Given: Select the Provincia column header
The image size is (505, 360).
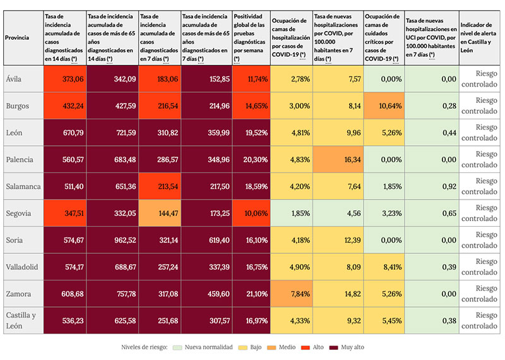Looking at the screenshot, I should click(x=17, y=38).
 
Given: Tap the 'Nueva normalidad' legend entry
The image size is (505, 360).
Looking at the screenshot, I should click(x=210, y=347).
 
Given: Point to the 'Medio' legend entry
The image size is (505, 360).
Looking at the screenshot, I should click(x=283, y=347).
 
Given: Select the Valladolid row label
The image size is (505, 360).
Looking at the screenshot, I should click(x=21, y=267).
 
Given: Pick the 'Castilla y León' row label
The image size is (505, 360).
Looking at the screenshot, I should click(x=21, y=320).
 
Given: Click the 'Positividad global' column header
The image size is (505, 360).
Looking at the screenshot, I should click(x=251, y=38).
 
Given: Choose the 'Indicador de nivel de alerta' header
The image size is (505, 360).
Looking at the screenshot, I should click(x=480, y=38).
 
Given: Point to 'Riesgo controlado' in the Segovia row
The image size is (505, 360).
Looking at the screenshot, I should click(x=481, y=213).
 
